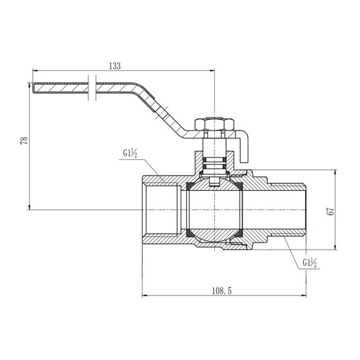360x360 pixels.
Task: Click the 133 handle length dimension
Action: point(114,66)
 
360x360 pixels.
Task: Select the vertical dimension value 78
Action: point(24,141)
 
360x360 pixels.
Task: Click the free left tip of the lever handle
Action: point(33,87)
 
